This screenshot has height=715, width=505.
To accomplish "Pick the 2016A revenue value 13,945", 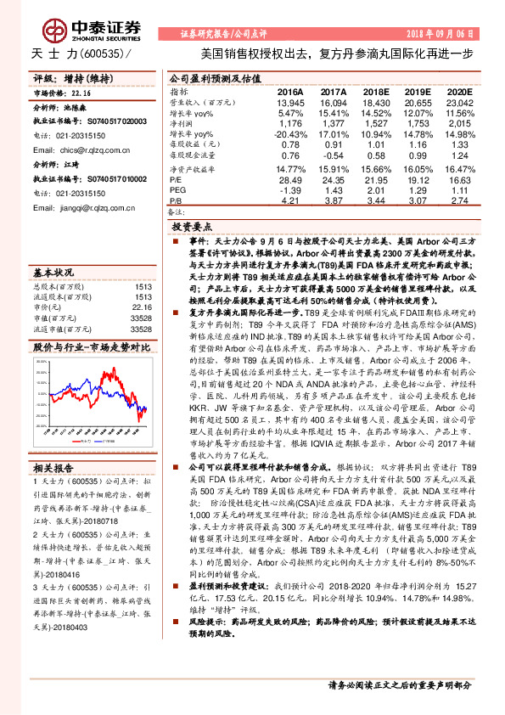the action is (x=289, y=102).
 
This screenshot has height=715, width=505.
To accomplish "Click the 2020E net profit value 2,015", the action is (x=459, y=123).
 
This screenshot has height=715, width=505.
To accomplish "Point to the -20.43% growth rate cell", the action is (x=290, y=134).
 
